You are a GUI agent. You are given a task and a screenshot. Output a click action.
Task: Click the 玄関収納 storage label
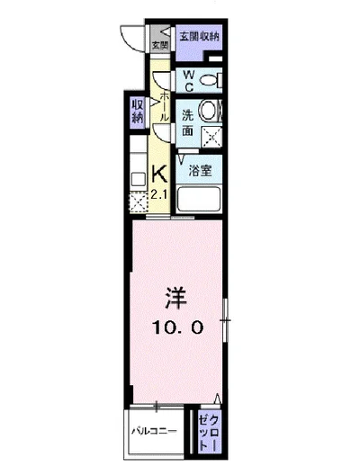point(198,37)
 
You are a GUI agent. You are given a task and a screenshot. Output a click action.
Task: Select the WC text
point(190,79)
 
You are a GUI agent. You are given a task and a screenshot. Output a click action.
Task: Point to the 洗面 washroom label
point(188,122)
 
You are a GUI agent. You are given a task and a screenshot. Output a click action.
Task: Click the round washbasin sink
point(209,112)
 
